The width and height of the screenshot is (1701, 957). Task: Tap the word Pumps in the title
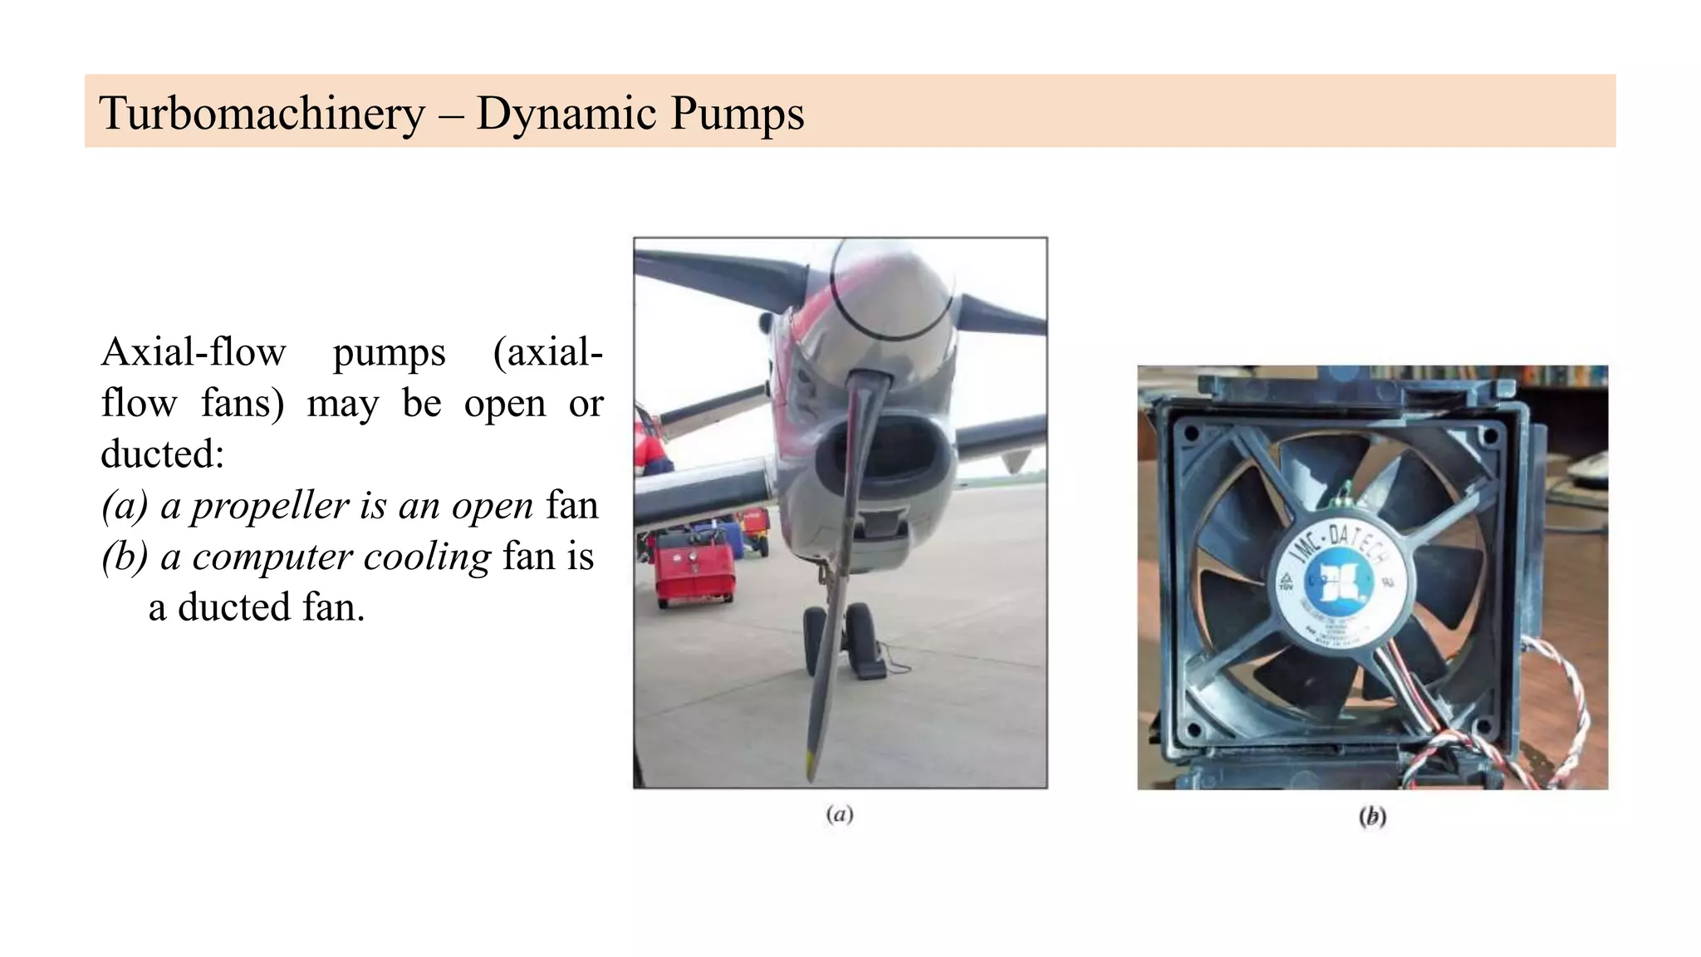coord(737,114)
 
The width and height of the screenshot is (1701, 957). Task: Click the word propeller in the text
coord(270,506)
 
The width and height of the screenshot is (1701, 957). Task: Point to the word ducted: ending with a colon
coord(163,454)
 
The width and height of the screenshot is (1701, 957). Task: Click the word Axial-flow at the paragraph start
coord(194,352)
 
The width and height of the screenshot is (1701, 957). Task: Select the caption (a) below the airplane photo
coord(840,815)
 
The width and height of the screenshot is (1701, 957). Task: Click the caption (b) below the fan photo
coord(1372,817)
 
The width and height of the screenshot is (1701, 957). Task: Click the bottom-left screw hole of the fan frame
coord(1194,729)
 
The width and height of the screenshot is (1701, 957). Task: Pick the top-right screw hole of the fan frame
coord(1488,434)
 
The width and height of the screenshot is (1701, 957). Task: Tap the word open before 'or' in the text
coord(505,404)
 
